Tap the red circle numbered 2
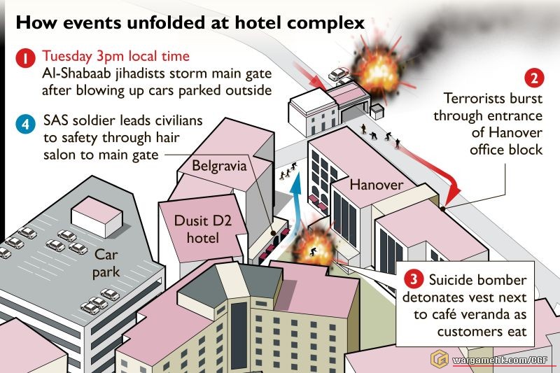coord(533,78)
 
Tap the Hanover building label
coord(377,185)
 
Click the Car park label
coord(107,262)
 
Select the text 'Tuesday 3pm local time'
coord(115,56)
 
